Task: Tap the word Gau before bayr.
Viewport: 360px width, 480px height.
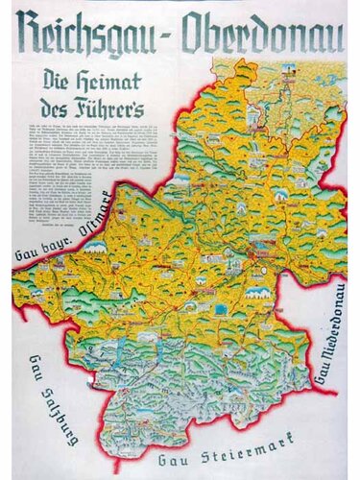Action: pos(27,255)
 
